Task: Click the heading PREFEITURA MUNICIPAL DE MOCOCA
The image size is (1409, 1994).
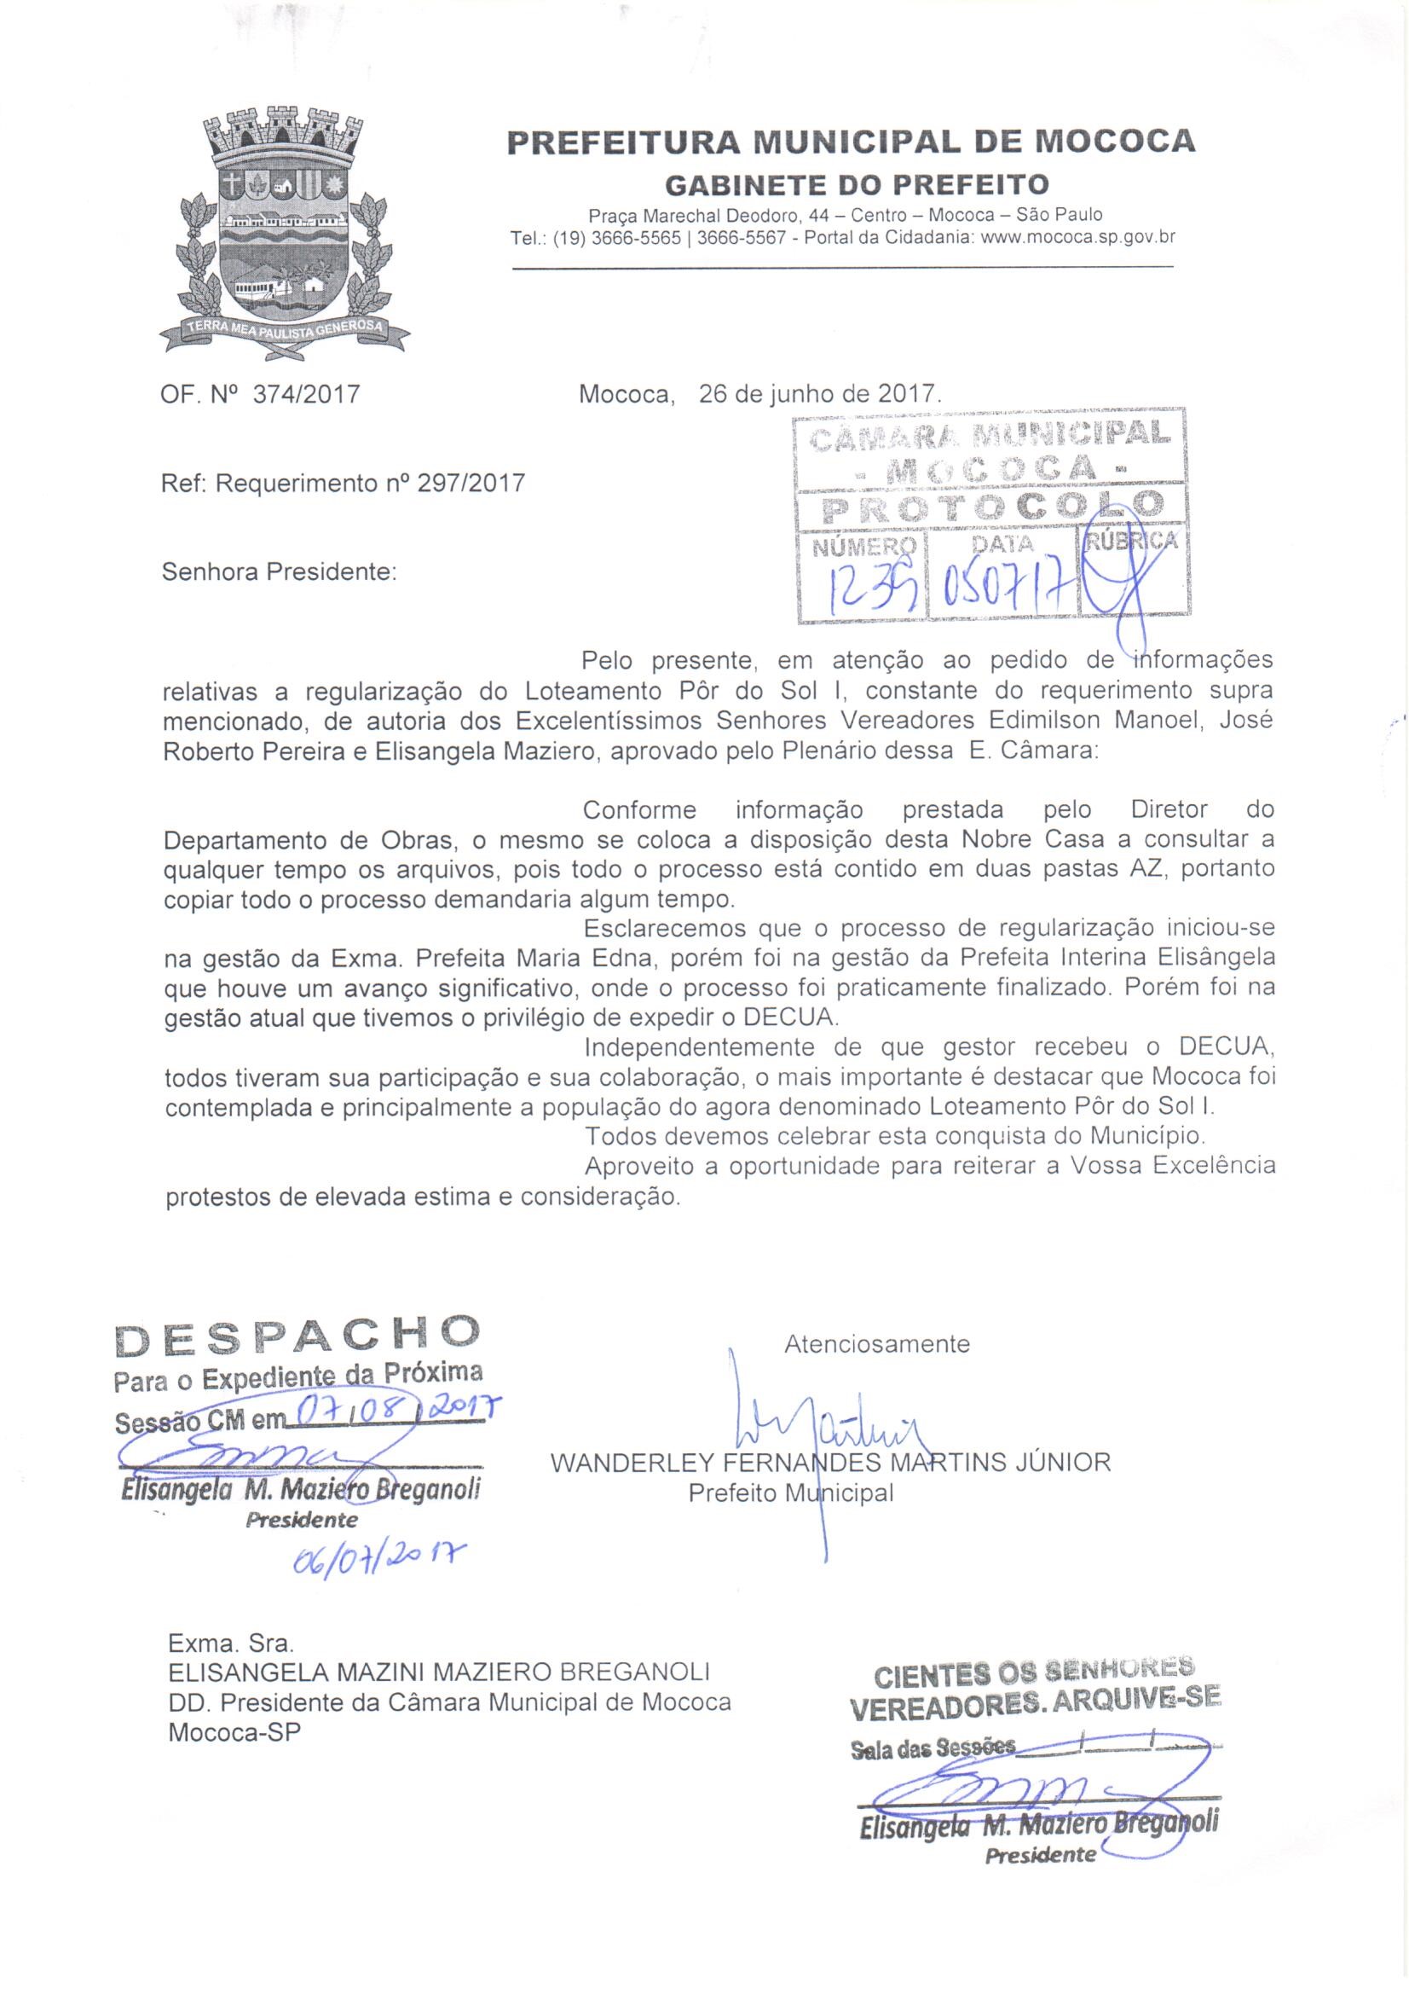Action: click(x=850, y=142)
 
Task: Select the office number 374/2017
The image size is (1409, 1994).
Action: click(x=306, y=395)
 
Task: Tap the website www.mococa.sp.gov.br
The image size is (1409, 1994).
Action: click(x=1077, y=236)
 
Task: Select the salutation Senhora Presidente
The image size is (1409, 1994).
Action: click(x=279, y=572)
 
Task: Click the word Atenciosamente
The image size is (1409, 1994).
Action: click(x=877, y=1345)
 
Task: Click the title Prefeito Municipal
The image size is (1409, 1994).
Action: click(x=791, y=1493)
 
